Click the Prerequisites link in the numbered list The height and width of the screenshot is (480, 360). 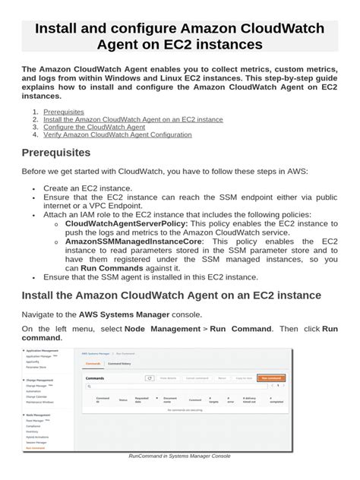pos(64,112)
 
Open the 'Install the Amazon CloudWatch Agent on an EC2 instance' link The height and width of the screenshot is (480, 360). pos(133,119)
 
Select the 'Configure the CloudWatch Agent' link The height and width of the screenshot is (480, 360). pos(93,127)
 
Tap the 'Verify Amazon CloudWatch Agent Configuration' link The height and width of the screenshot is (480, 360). pos(118,134)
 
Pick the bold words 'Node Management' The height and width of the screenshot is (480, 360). pos(156,328)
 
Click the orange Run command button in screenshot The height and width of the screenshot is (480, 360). pos(270,377)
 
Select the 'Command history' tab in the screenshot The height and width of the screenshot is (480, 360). pos(119,365)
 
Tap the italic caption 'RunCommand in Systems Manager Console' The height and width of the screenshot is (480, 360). pos(179,456)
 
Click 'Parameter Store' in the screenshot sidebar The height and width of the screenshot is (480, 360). pos(37,367)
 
